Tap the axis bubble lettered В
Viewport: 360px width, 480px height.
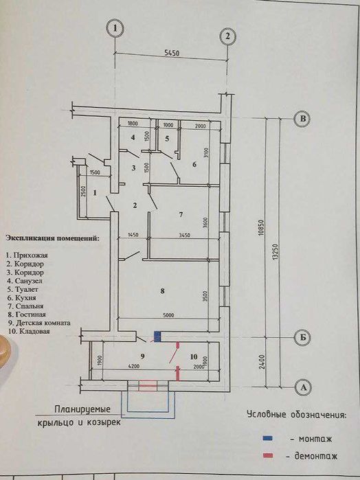[x=301, y=119]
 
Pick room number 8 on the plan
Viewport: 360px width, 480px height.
[x=161, y=291]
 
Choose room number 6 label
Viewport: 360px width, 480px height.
[x=194, y=164]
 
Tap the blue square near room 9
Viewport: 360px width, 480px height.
[x=157, y=336]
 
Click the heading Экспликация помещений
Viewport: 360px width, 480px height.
[x=52, y=238]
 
